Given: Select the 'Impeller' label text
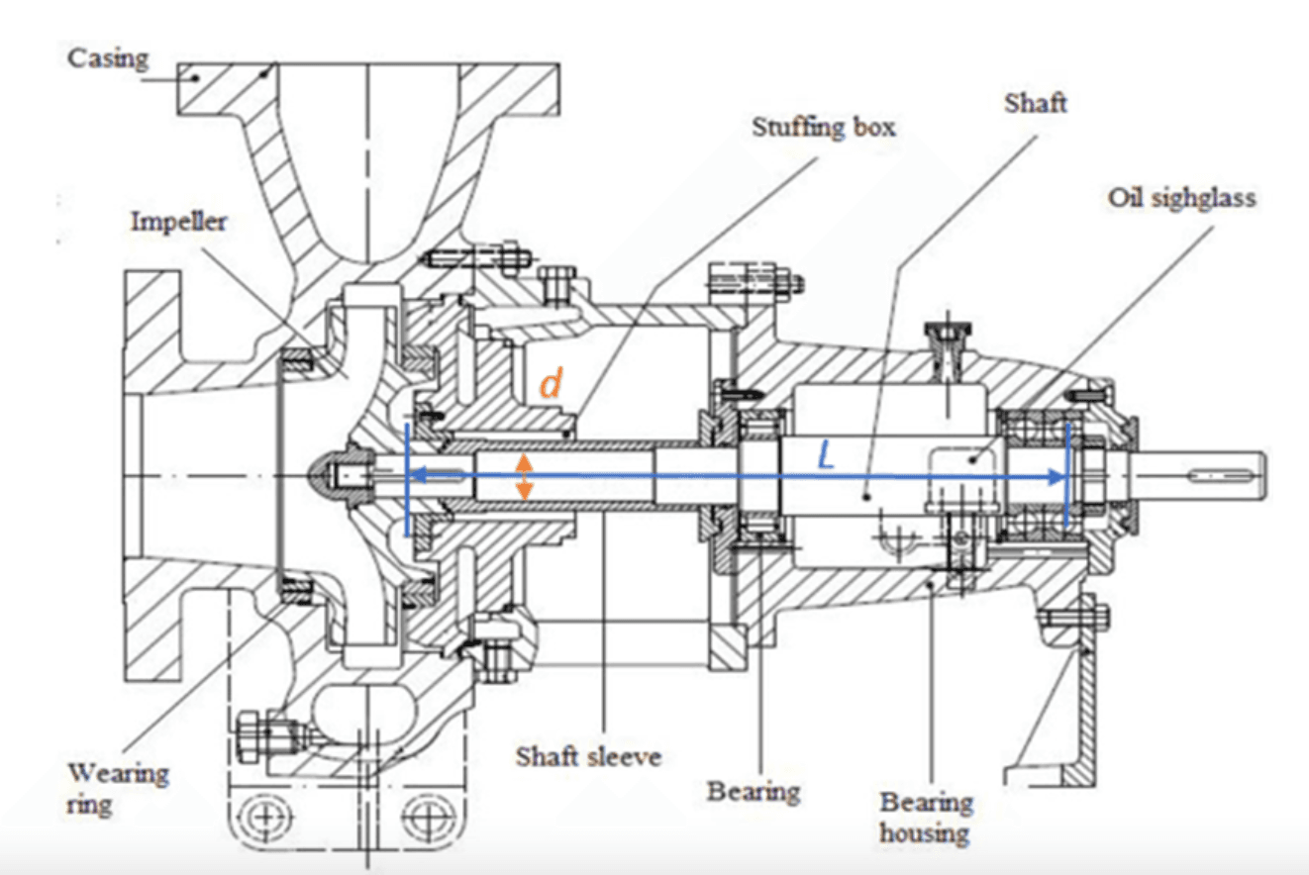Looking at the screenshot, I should point(178,221).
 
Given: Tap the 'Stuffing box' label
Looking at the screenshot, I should point(824,127).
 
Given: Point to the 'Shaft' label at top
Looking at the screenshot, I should point(1035,102).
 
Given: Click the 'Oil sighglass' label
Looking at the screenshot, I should point(1181,198).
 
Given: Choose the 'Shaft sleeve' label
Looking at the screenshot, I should point(588,757).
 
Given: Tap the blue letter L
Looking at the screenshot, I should point(828,455).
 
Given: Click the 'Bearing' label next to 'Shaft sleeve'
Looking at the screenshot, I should point(753,791).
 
